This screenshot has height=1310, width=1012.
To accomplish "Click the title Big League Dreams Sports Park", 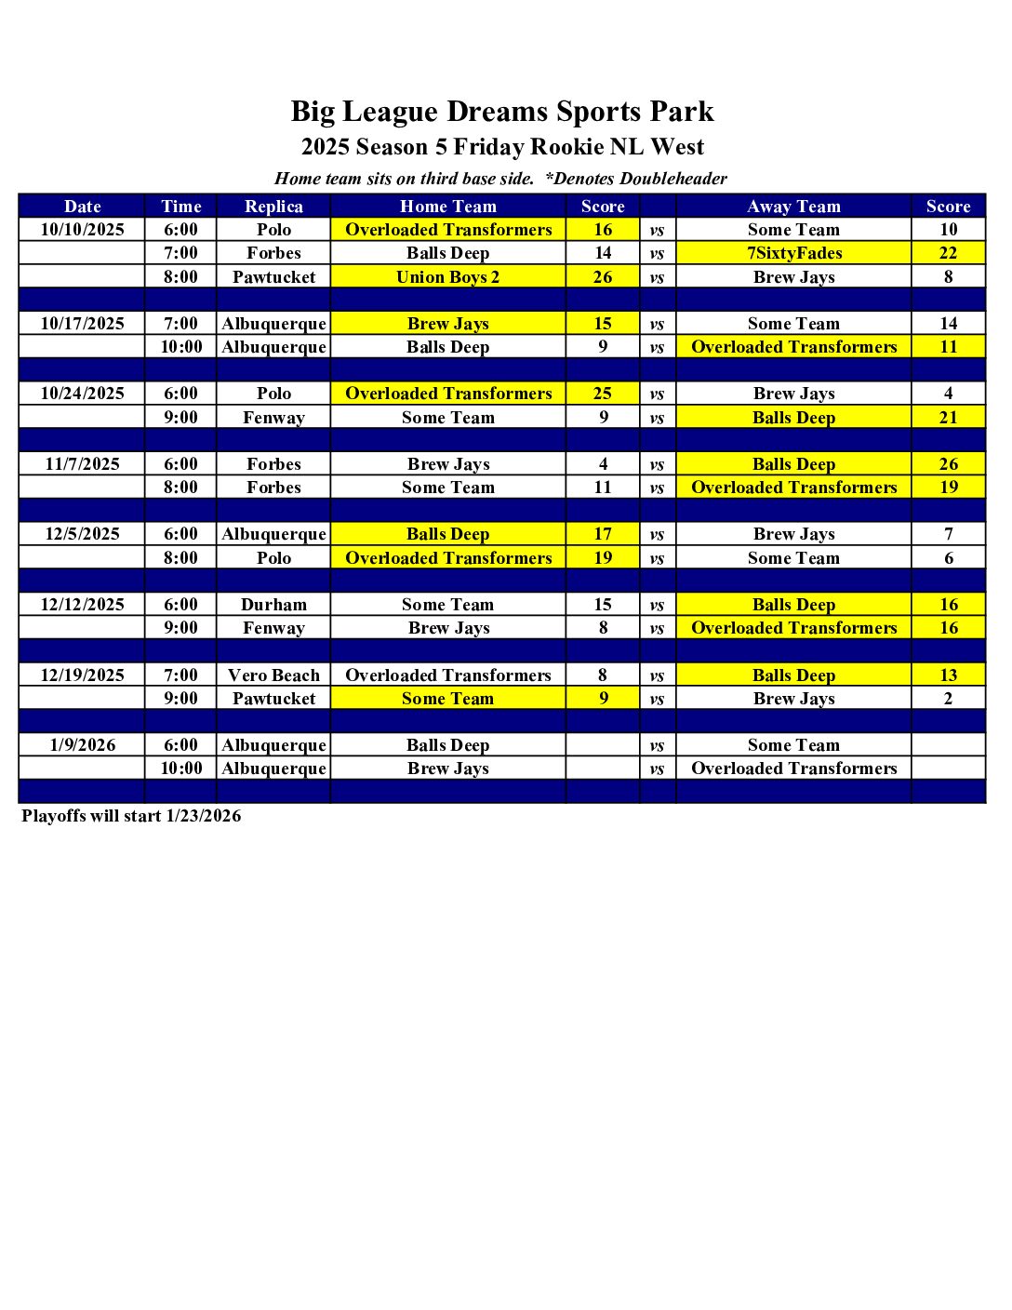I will pyautogui.click(x=502, y=112).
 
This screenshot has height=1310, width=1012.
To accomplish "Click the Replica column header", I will pyautogui.click(x=273, y=207).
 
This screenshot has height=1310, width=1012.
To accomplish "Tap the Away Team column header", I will pyautogui.click(x=793, y=207).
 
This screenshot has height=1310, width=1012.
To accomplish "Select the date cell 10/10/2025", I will pyautogui.click(x=82, y=230).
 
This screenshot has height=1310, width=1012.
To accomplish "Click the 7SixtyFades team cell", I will pyautogui.click(x=793, y=253).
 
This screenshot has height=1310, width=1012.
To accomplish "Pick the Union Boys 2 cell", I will pyautogui.click(x=447, y=277).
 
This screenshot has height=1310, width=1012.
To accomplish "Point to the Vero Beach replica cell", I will pyautogui.click(x=273, y=675).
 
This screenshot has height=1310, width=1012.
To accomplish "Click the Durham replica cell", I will pyautogui.click(x=273, y=605).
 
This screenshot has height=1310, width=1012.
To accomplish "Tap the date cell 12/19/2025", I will pyautogui.click(x=82, y=675).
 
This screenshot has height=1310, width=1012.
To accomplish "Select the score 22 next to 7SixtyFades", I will pyautogui.click(x=948, y=253).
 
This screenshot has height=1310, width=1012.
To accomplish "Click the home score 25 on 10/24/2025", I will pyautogui.click(x=603, y=394).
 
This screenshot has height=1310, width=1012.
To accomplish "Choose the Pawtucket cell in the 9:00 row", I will pyautogui.click(x=273, y=699).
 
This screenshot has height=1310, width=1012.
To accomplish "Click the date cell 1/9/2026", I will pyautogui.click(x=82, y=745).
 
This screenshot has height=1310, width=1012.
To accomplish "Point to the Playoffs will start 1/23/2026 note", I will pyautogui.click(x=131, y=816).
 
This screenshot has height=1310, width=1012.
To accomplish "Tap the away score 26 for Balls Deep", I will pyautogui.click(x=948, y=464).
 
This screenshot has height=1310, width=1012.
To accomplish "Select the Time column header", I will pyautogui.click(x=180, y=207).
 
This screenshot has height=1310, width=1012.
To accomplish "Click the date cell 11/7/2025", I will pyautogui.click(x=82, y=464).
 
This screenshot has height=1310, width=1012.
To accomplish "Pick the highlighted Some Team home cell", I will pyautogui.click(x=447, y=699).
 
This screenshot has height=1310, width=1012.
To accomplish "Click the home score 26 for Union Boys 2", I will pyautogui.click(x=603, y=277).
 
